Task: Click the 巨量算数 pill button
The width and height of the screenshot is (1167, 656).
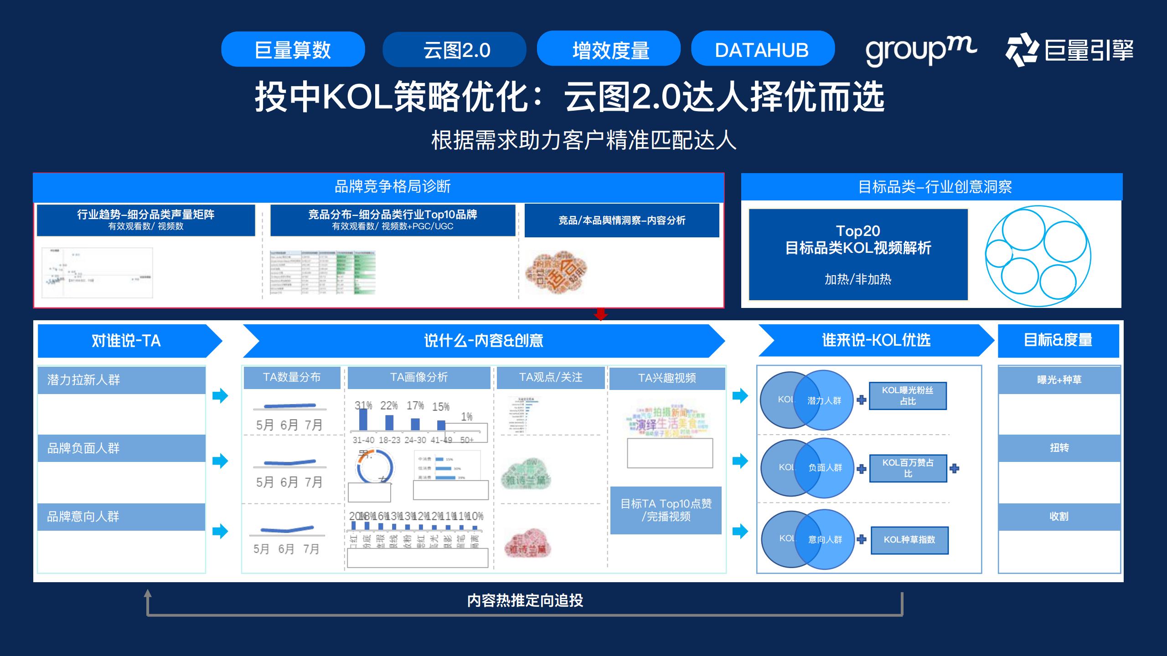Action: tap(293, 50)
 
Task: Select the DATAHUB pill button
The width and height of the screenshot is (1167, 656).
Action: tap(762, 49)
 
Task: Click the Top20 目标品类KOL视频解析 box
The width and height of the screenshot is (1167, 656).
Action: tap(858, 254)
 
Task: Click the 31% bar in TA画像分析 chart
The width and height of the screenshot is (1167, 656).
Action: tap(363, 419)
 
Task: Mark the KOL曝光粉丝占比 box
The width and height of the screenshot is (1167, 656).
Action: tap(908, 396)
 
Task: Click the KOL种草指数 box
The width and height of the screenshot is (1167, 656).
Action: tap(909, 540)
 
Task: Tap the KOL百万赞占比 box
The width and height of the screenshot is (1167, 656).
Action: tap(908, 468)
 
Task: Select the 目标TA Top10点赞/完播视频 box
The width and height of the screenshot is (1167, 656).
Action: tap(666, 510)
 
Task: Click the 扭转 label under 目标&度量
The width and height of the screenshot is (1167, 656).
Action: tap(1059, 448)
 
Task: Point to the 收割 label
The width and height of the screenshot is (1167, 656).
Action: tap(1059, 517)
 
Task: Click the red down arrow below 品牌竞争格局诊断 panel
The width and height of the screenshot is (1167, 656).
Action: tap(601, 314)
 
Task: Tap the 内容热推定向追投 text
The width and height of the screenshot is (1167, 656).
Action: tap(525, 600)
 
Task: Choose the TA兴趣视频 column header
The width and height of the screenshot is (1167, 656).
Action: tap(667, 378)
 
